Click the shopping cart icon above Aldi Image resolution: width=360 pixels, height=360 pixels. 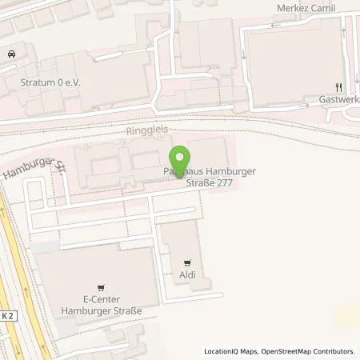coord(187,262)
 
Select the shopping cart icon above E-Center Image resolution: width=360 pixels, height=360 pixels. coord(101,286)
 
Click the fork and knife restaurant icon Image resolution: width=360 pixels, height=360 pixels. coord(339,88)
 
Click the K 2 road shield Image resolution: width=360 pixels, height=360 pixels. coord(7,315)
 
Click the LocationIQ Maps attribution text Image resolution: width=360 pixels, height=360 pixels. coord(231,351)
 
